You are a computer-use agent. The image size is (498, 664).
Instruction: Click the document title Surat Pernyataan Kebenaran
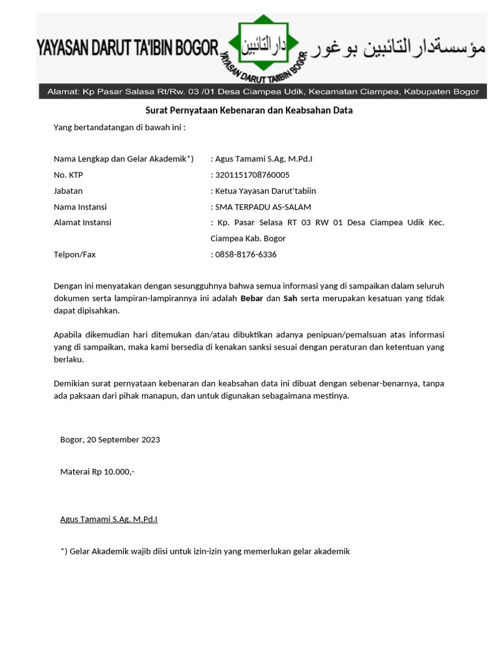pyautogui.click(x=248, y=110)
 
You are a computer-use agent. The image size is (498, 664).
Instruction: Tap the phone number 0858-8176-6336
pyautogui.click(x=245, y=254)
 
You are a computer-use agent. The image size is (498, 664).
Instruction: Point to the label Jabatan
pyautogui.click(x=68, y=191)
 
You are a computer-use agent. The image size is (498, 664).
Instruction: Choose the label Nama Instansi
pyautogui.click(x=80, y=207)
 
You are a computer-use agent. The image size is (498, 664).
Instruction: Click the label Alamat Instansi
pyautogui.click(x=82, y=222)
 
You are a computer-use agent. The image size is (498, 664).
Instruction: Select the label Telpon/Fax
pyautogui.click(x=75, y=254)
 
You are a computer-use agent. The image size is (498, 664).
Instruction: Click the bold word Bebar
pyautogui.click(x=252, y=298)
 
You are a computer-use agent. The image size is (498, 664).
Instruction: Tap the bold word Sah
pyautogui.click(x=290, y=298)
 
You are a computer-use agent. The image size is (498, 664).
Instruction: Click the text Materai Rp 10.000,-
pyautogui.click(x=97, y=471)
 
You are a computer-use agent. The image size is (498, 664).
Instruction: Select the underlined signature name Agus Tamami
pyautogui.click(x=109, y=519)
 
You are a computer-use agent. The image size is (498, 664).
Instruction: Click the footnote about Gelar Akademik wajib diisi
pyautogui.click(x=205, y=551)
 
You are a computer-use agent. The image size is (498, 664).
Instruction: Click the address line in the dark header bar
pyautogui.click(x=263, y=92)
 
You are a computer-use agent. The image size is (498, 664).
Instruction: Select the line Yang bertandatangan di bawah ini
pyautogui.click(x=119, y=127)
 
